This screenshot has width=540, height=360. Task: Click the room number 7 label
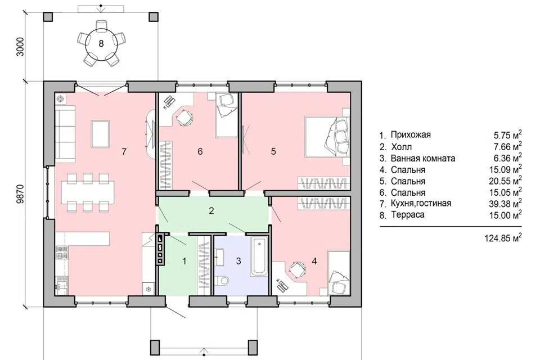tap(124, 151)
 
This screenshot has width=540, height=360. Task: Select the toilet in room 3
tap(223, 281)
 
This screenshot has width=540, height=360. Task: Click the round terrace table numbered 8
tap(101, 43)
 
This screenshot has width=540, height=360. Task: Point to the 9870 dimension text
tap(21, 194)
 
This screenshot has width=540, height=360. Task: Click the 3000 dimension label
tap(21, 47)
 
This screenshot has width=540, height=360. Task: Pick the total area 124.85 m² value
tap(503, 237)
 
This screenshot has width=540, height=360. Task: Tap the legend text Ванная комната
tap(423, 159)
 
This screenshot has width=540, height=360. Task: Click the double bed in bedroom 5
tap(327, 137)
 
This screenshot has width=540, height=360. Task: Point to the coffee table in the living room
tap(100, 134)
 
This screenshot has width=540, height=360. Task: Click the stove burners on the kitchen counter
tap(62, 252)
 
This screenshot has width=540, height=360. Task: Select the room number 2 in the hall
tap(211, 210)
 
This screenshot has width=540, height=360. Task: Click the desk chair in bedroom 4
tap(297, 268)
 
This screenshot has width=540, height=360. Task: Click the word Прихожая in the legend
tap(411, 134)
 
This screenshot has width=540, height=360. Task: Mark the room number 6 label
tap(200, 151)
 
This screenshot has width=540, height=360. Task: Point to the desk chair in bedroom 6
tap(184, 118)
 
